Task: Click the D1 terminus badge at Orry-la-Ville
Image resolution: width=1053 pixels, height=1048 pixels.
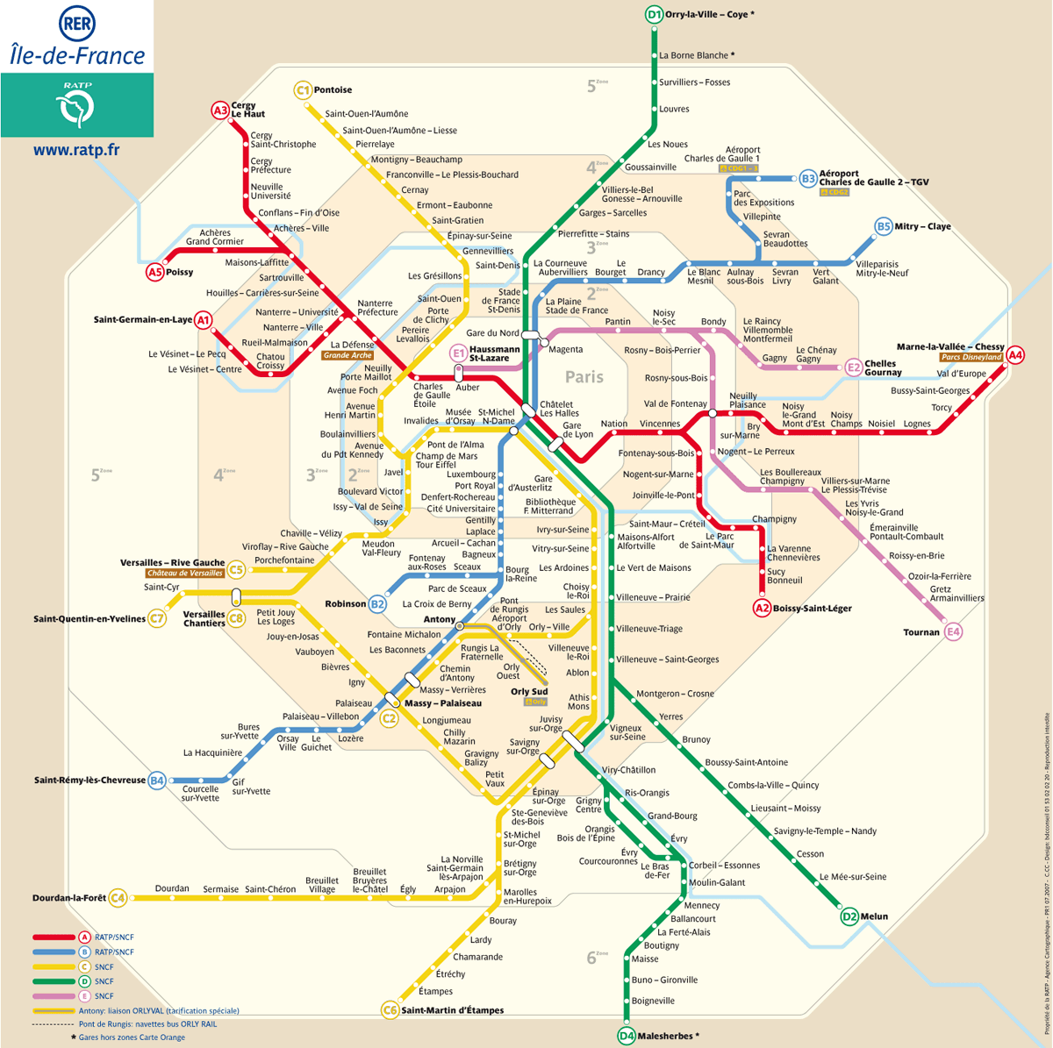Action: click(x=654, y=14)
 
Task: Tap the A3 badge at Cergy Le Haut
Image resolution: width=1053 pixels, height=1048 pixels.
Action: click(x=219, y=111)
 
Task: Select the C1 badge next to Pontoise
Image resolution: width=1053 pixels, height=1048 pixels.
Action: click(x=302, y=89)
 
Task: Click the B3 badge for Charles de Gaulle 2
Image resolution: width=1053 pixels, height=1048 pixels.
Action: click(x=807, y=179)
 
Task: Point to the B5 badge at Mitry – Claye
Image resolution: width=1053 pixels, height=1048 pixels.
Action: click(x=883, y=226)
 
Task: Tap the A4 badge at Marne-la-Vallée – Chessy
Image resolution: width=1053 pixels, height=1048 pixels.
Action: click(x=1014, y=355)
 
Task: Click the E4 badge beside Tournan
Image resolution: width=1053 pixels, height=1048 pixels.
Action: click(x=953, y=632)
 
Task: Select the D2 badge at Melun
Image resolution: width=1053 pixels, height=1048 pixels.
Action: click(x=849, y=916)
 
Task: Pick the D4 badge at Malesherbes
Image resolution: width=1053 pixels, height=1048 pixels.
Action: click(x=627, y=1036)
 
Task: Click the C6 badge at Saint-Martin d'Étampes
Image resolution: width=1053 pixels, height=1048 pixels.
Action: click(x=390, y=1010)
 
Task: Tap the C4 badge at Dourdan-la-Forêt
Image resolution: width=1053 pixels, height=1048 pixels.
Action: click(x=118, y=897)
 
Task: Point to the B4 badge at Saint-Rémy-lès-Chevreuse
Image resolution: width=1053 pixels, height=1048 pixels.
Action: click(x=156, y=780)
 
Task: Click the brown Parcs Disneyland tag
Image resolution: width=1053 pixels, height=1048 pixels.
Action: click(x=971, y=358)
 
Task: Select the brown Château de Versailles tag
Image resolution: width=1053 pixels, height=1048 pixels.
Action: click(x=185, y=574)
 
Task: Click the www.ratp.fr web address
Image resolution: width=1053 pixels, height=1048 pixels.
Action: click(x=76, y=150)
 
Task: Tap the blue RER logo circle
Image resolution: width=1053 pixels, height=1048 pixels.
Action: click(x=77, y=23)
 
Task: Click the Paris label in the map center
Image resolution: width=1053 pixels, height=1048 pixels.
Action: click(x=584, y=377)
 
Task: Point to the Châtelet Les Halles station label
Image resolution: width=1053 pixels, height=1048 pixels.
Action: click(x=558, y=410)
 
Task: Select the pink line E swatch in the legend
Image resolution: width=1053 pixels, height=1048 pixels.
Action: click(x=54, y=996)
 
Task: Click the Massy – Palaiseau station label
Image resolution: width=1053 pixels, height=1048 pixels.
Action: click(x=443, y=703)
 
